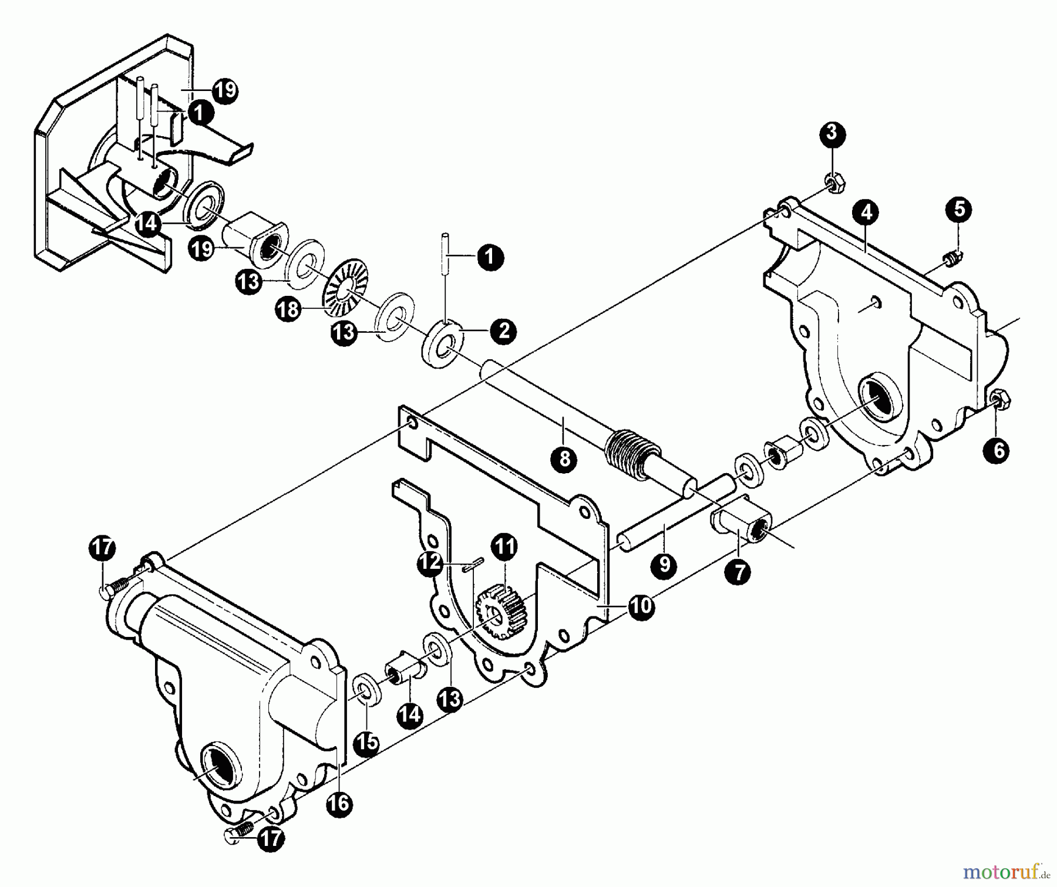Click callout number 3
click(x=832, y=133)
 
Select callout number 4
click(x=866, y=212)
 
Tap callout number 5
click(x=958, y=209)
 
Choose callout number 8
click(x=564, y=458)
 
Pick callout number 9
click(x=664, y=564)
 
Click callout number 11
click(x=504, y=546)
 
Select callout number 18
click(x=288, y=309)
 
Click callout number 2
click(x=503, y=331)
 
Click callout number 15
click(x=367, y=743)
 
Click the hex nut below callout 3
click(x=834, y=184)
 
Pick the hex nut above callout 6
click(x=1000, y=400)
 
